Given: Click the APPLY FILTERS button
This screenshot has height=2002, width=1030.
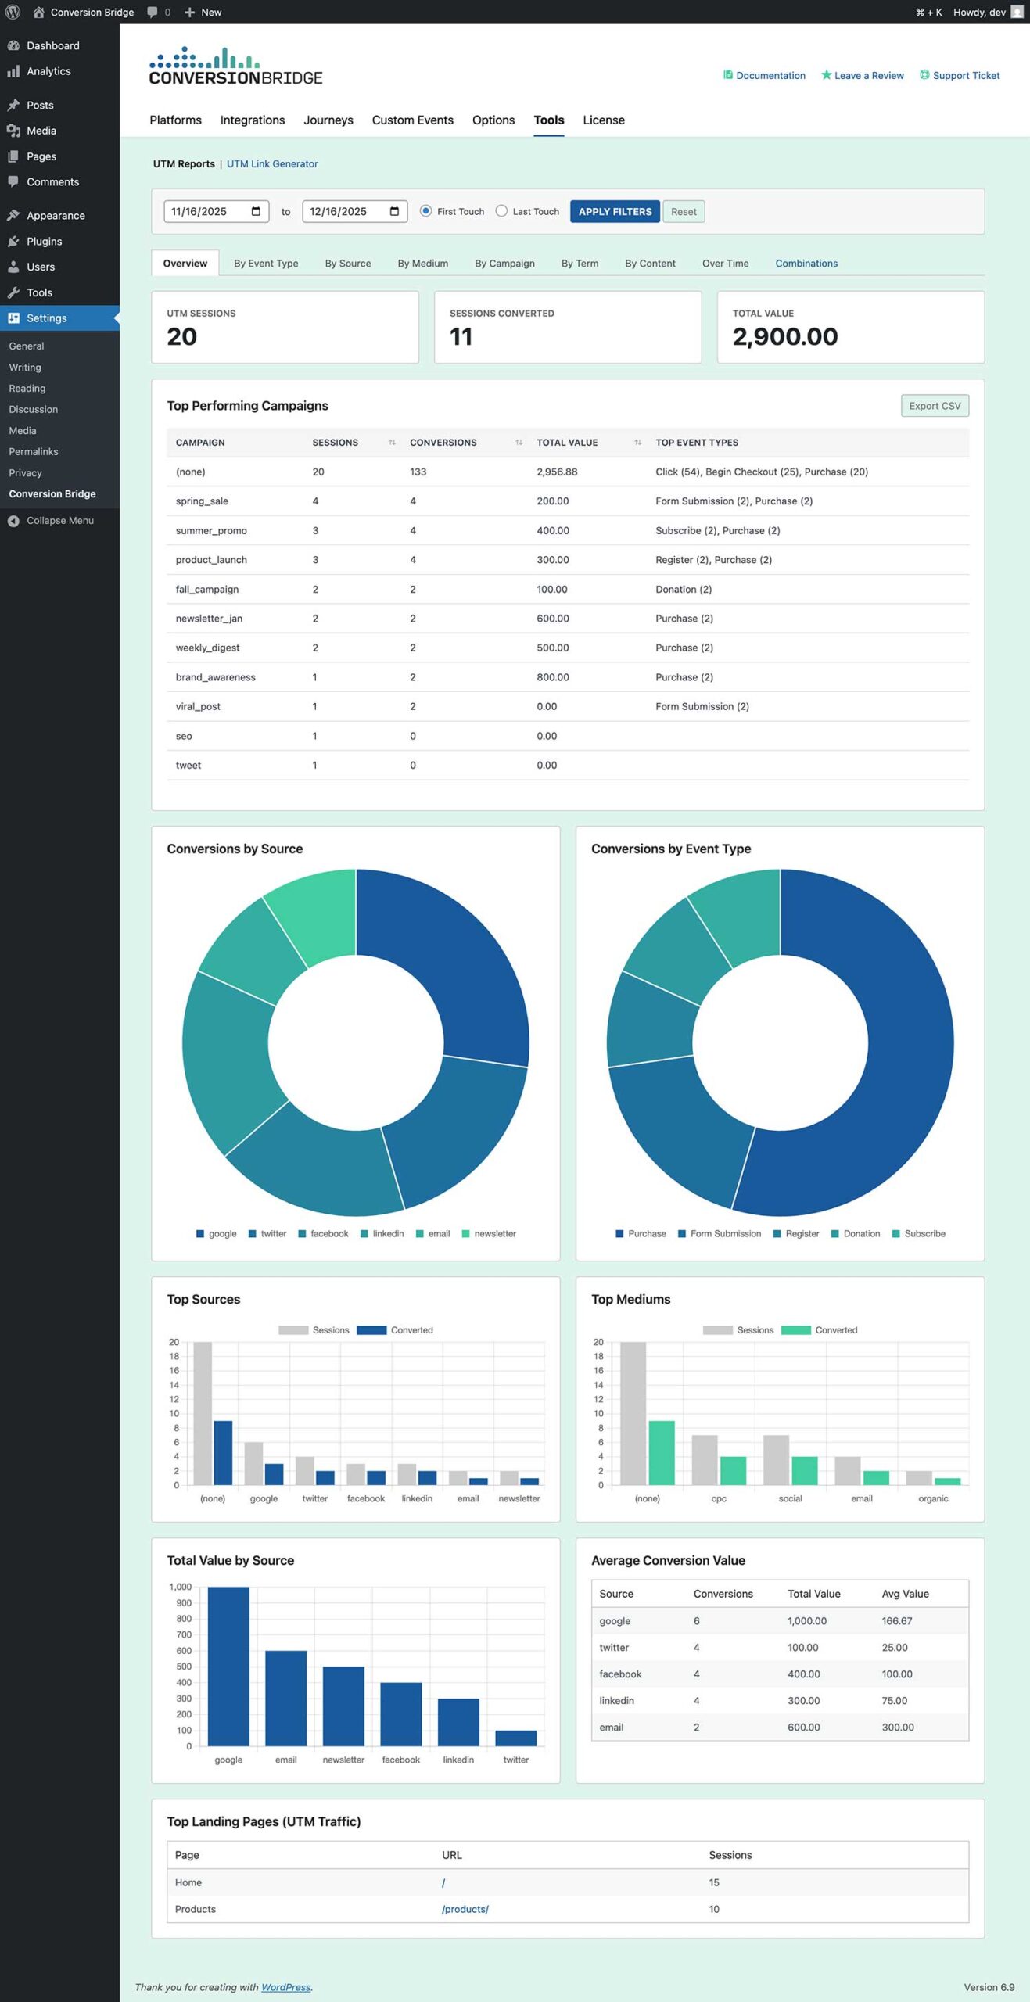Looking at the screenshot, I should coord(615,211).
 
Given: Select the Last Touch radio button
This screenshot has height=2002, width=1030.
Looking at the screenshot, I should coord(502,211).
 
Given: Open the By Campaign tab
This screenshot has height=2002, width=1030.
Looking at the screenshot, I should coord(504,264).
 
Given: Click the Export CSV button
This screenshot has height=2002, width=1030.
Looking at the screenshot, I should coord(935,406).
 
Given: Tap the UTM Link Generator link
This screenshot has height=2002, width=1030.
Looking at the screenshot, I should coord(272,164).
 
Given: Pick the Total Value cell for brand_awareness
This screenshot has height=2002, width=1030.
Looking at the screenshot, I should coord(553,677).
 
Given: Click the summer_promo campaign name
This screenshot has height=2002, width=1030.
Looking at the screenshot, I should coord(211,531).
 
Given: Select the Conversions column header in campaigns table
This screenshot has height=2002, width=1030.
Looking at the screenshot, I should coord(443,443).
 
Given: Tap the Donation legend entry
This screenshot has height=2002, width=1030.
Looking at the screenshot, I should coord(861,1234).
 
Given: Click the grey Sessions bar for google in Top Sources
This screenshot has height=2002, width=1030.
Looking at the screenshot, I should coord(253,1463).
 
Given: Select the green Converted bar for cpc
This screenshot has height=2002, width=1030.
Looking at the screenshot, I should coord(733,1470).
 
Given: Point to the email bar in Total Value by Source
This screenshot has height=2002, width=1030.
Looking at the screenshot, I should coord(285,1698).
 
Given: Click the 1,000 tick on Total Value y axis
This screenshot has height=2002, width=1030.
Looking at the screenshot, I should coord(181,1587).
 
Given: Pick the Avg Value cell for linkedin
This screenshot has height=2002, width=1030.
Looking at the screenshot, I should coord(895,1701).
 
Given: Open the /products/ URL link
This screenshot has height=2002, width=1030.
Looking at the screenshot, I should coord(465,1909).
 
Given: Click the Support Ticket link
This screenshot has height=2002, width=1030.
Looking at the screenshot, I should coord(966,76).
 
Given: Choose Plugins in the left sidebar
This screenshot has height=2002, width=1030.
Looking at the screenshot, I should coord(44,242).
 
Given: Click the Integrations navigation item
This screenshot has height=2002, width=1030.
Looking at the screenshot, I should coord(252,120).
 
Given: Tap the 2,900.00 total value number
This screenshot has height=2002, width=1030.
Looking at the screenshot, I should coord(785,337).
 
